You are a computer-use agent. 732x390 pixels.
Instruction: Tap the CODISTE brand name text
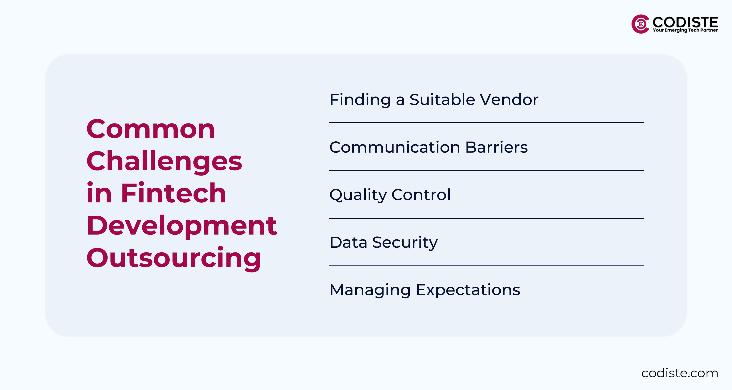[x=685, y=22]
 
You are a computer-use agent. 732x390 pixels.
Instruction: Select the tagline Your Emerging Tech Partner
[x=685, y=30]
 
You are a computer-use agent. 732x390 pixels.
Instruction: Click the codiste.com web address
[x=680, y=373]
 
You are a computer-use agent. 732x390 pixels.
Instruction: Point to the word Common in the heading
[x=151, y=129]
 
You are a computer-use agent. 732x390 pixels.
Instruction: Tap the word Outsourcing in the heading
[x=174, y=258]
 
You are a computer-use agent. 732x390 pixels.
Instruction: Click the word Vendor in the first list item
[x=509, y=100]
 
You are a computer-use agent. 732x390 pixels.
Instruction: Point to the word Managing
[x=370, y=290]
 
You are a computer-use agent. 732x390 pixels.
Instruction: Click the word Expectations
[x=468, y=290]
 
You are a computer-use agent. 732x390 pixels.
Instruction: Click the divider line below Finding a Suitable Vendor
[x=486, y=123]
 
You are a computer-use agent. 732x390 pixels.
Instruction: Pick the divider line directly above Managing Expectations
[x=486, y=265]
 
